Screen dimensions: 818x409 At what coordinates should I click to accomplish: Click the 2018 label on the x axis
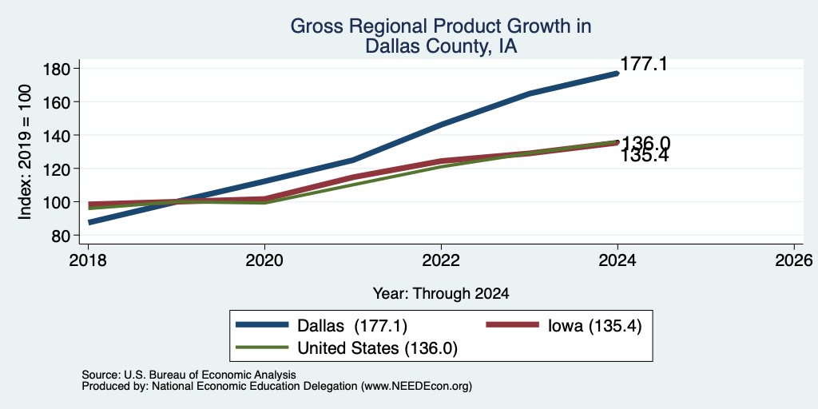point(88,260)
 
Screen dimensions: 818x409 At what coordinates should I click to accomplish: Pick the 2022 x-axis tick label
point(441,260)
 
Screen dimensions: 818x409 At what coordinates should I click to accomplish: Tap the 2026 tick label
point(794,260)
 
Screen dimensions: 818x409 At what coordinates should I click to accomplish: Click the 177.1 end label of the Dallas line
point(644,64)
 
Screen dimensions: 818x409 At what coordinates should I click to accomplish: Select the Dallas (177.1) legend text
point(352,326)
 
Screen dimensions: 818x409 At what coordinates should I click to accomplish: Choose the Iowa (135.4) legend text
point(594,326)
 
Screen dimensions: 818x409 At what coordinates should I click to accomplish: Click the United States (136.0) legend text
point(377,348)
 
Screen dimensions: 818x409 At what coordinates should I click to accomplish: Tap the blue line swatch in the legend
point(262,324)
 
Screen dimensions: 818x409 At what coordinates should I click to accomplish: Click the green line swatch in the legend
point(262,347)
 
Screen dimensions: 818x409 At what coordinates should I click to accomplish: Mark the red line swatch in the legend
point(512,324)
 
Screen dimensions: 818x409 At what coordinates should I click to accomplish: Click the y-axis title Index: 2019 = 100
point(25,152)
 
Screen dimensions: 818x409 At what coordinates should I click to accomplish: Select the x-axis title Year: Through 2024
point(441,294)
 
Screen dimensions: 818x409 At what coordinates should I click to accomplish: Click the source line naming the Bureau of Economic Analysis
point(189,375)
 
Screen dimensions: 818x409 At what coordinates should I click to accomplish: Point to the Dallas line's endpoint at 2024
point(617,73)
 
